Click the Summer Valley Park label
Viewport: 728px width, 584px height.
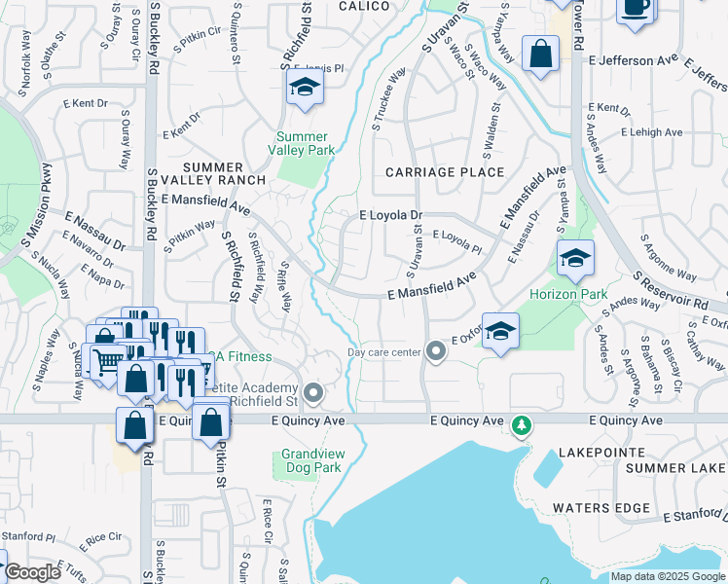pos(306,143)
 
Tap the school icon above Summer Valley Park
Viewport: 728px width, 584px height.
pos(305,90)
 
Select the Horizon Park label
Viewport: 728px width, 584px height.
pos(567,294)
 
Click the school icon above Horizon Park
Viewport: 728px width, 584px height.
pos(575,258)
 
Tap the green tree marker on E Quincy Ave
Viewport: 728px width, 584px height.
pos(523,424)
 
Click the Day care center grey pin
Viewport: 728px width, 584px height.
pos(436,351)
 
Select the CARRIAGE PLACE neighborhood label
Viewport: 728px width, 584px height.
pos(445,172)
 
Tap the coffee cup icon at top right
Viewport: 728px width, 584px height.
pos(636,8)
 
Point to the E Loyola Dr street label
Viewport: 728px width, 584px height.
pos(391,215)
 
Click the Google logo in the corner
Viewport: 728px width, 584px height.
pos(32,572)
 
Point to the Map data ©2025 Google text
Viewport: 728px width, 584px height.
pos(667,576)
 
